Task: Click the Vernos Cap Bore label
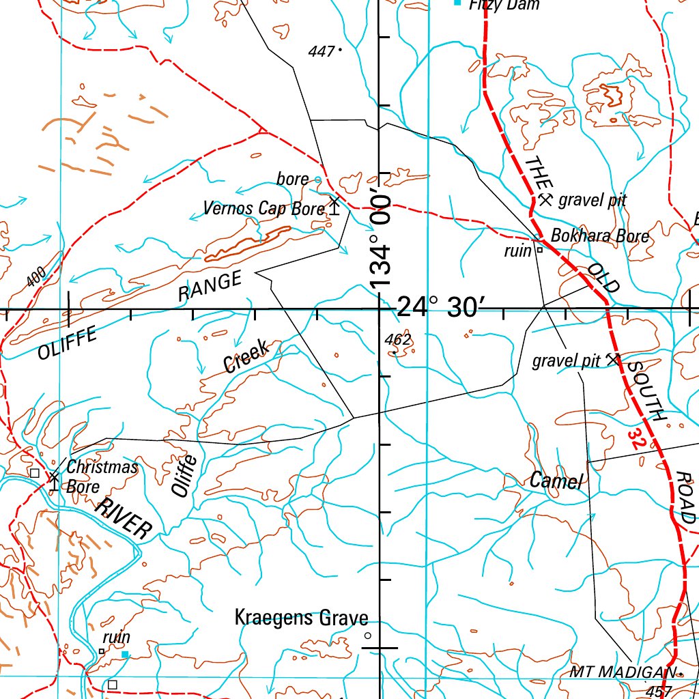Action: pyautogui.click(x=264, y=208)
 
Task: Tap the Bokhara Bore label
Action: pyautogui.click(x=600, y=236)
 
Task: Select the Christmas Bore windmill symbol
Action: pyautogui.click(x=53, y=479)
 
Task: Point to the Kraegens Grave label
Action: pyautogui.click(x=301, y=618)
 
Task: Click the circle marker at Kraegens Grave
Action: pyautogui.click(x=367, y=636)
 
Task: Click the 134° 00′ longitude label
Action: pyautogui.click(x=380, y=242)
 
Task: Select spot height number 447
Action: pyautogui.click(x=321, y=51)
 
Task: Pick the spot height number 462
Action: pyautogui.click(x=397, y=339)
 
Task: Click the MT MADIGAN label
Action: pyautogui.click(x=622, y=673)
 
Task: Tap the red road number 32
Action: pyautogui.click(x=637, y=438)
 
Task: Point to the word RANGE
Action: pyautogui.click(x=210, y=287)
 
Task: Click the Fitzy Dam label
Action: pyautogui.click(x=504, y=5)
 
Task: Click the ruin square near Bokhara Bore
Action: pyautogui.click(x=539, y=250)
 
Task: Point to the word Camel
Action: pyautogui.click(x=556, y=481)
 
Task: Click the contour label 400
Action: pyautogui.click(x=36, y=277)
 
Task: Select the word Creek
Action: pyautogui.click(x=247, y=356)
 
